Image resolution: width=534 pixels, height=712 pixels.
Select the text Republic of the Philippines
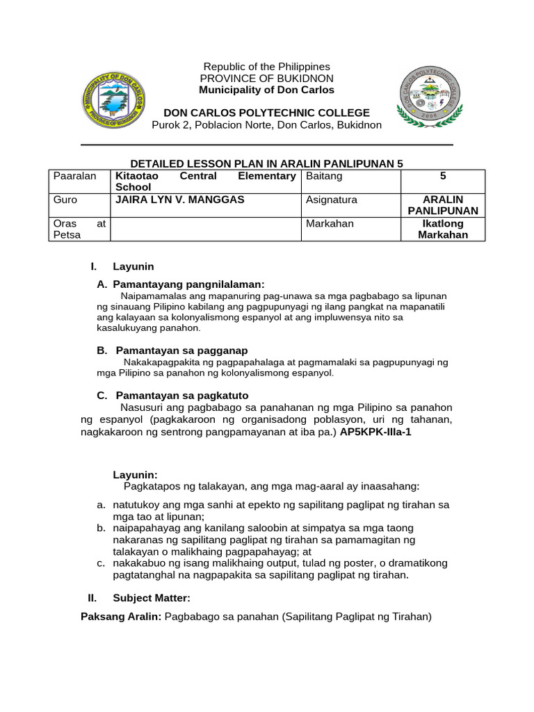[x=266, y=67]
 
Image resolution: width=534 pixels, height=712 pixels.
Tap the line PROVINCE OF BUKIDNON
[x=266, y=79]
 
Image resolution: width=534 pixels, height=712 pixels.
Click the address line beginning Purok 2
[x=266, y=125]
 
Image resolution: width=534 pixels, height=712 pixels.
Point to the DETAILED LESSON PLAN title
[x=266, y=163]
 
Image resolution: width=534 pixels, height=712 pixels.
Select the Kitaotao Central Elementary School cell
[x=205, y=181]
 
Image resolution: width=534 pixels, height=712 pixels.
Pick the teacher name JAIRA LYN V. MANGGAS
[x=180, y=200]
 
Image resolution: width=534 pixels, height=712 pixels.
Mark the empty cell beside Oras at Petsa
[x=205, y=229]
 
